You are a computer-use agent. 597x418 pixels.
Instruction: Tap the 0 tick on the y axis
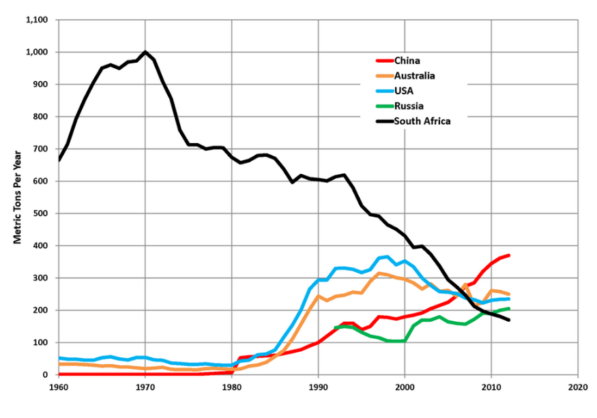click(x=46, y=375)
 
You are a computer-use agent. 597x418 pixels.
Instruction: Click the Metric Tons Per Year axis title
click(x=18, y=198)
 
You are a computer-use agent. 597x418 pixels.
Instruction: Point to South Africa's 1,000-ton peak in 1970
click(x=145, y=52)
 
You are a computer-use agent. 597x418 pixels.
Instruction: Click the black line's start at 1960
click(x=59, y=160)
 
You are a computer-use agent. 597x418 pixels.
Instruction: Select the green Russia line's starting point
click(x=336, y=328)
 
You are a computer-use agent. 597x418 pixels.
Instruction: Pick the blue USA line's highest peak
click(x=388, y=256)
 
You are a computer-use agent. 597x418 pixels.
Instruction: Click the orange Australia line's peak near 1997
click(x=379, y=273)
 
